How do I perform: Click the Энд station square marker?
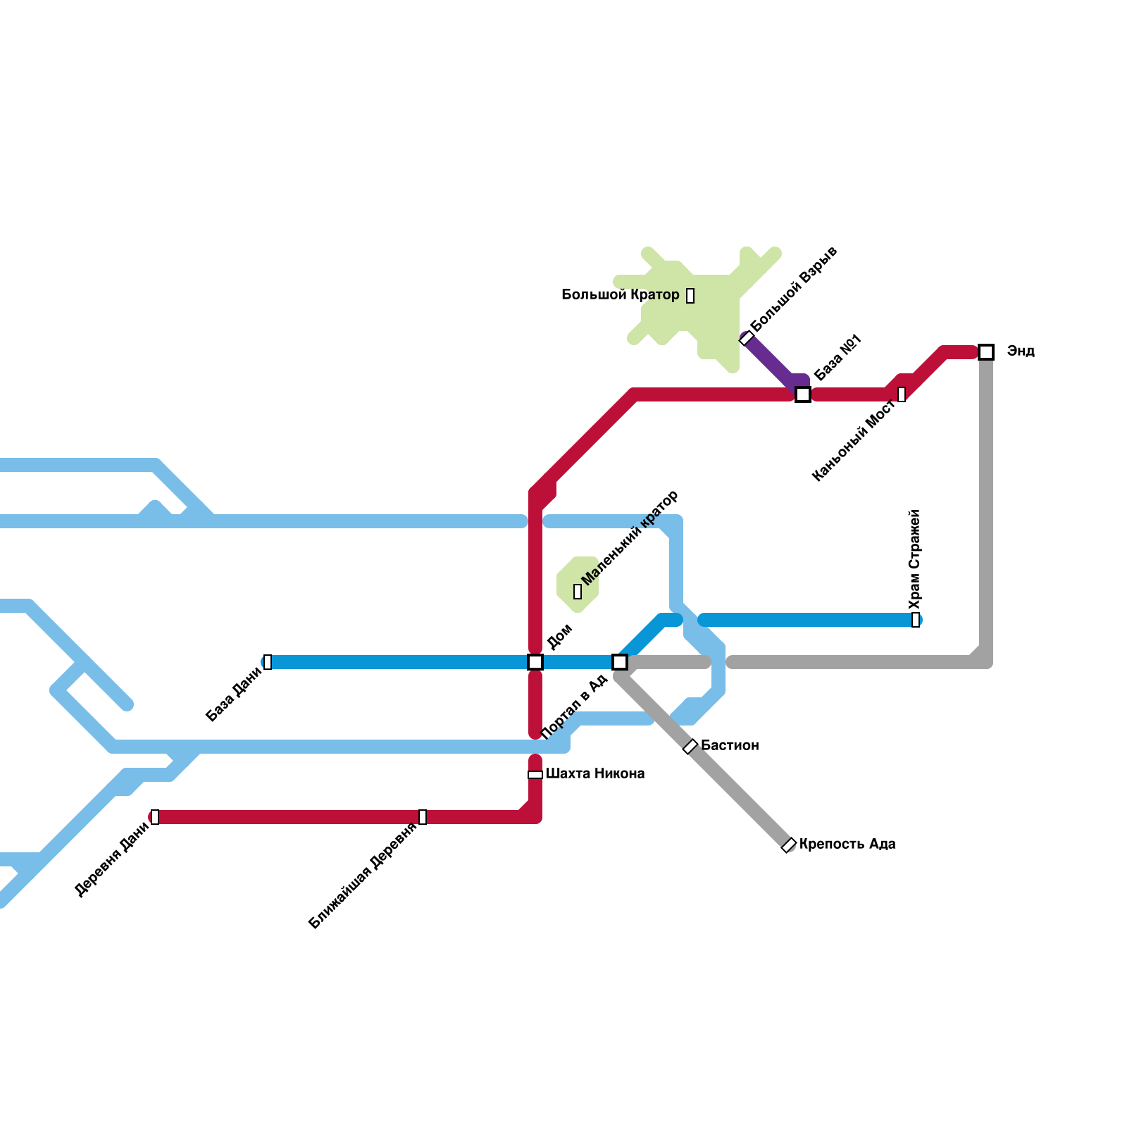pos(986,352)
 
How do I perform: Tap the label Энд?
pos(1021,351)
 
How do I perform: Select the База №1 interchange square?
pos(803,394)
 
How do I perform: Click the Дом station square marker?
pos(535,662)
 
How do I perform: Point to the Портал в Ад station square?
pos(620,662)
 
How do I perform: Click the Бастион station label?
pos(730,745)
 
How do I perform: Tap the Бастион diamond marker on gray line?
pos(690,747)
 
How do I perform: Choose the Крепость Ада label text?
pos(847,844)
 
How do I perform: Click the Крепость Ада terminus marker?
pos(789,845)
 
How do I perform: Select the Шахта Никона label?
pos(595,773)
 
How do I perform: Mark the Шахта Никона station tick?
pos(535,775)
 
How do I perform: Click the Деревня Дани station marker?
pos(155,817)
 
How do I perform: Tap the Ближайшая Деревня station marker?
pos(423,817)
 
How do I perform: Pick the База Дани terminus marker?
pos(268,662)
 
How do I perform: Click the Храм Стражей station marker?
pos(916,620)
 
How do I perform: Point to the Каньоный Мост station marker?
pos(902,394)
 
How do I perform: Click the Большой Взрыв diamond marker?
pos(747,338)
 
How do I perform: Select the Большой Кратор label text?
pos(620,294)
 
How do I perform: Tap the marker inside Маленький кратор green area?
pos(578,592)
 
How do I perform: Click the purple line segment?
pos(771,363)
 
